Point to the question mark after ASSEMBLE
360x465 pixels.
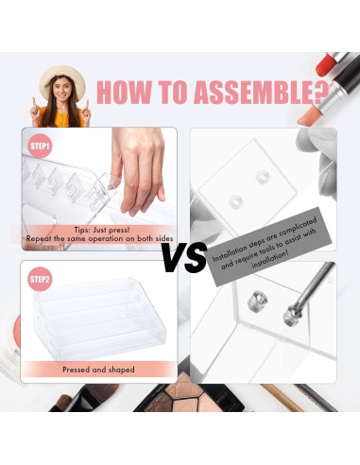point(321,93)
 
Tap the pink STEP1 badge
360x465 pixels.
point(40,146)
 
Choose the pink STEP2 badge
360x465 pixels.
point(40,280)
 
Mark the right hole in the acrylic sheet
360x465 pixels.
point(261,196)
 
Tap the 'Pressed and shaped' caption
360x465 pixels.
point(98,370)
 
